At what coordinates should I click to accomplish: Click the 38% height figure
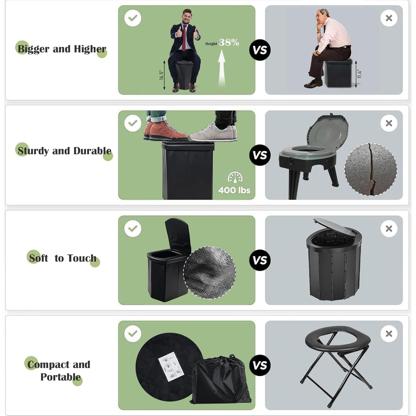(229, 42)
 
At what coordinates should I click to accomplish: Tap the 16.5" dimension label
(162, 75)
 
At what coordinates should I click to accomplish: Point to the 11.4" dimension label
(359, 74)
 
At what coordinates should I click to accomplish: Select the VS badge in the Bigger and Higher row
(260, 50)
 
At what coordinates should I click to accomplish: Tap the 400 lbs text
(234, 190)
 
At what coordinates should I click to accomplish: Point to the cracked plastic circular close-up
(371, 169)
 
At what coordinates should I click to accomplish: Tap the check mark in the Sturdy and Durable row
(133, 123)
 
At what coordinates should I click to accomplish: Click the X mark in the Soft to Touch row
(389, 229)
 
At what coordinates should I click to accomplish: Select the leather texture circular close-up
(210, 273)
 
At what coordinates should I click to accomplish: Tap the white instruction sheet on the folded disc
(170, 366)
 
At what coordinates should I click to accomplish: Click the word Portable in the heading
(60, 377)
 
